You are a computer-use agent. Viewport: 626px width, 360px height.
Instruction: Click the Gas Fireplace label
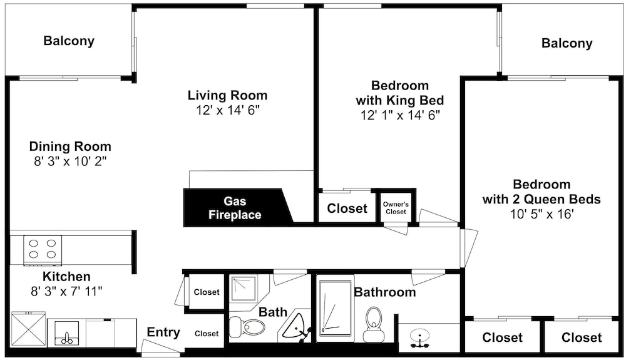[x=235, y=208]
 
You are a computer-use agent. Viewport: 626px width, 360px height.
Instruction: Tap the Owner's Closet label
[x=396, y=208]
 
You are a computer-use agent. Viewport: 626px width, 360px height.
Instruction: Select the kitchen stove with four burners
[x=43, y=250]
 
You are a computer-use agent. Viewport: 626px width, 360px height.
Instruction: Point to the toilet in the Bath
[x=247, y=327]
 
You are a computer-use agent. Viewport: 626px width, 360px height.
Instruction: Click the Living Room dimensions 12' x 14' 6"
[x=228, y=110]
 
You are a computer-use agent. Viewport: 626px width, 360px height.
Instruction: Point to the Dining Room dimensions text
[x=70, y=162]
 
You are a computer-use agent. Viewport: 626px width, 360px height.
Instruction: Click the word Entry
[x=163, y=332]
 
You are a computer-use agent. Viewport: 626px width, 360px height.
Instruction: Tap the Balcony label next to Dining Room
[x=69, y=41]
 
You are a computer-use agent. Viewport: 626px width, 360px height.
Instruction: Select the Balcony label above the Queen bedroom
[x=567, y=43]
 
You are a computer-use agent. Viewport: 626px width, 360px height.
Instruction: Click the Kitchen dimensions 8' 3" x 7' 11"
[x=67, y=291]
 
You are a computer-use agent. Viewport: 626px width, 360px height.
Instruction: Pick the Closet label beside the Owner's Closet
[x=347, y=208]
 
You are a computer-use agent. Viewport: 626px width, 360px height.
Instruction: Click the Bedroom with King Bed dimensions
[x=400, y=115]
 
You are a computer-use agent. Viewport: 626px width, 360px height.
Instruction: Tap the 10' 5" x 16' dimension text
[x=541, y=214]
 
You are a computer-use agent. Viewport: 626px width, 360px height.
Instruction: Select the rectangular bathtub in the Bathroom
[x=336, y=310]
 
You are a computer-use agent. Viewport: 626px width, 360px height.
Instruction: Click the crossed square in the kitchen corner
[x=28, y=330]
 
